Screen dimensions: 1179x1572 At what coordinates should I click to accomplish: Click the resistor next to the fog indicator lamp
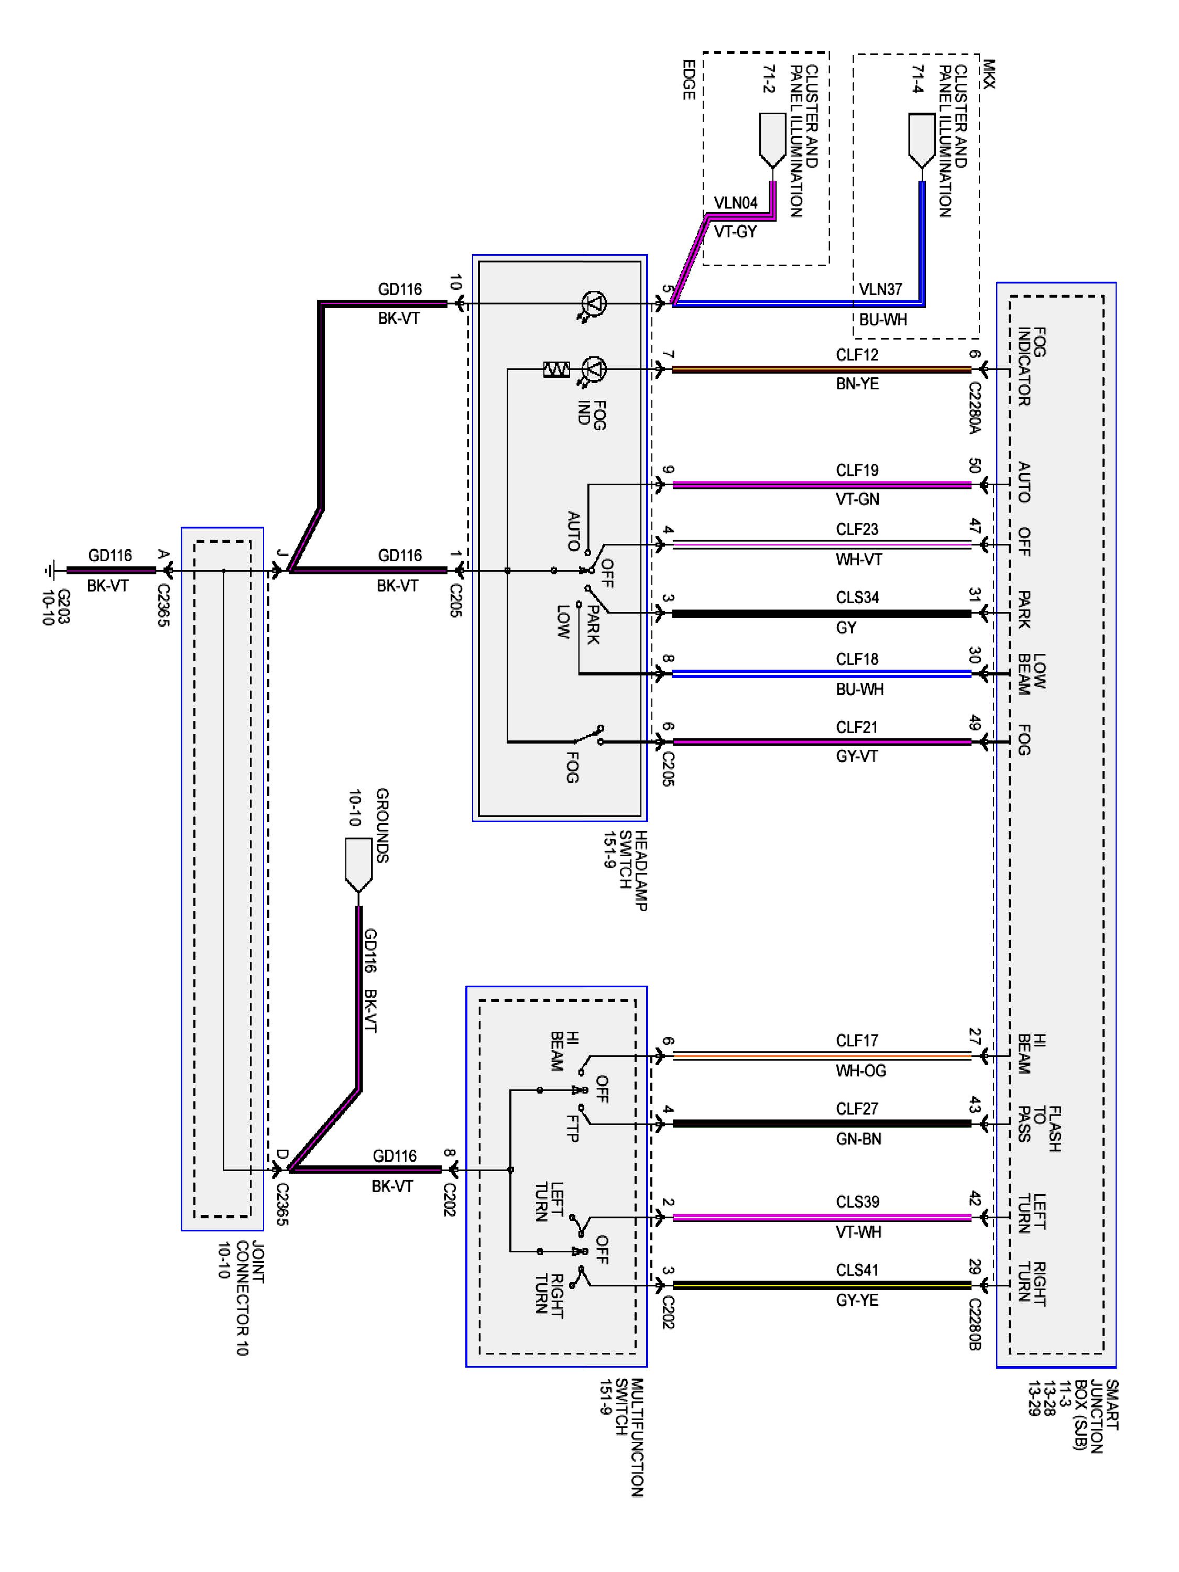[556, 369]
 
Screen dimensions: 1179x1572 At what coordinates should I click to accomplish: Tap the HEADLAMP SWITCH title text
[625, 870]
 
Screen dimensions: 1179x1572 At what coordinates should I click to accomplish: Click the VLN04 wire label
[736, 203]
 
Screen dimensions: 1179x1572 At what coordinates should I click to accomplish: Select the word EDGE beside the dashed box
[688, 80]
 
